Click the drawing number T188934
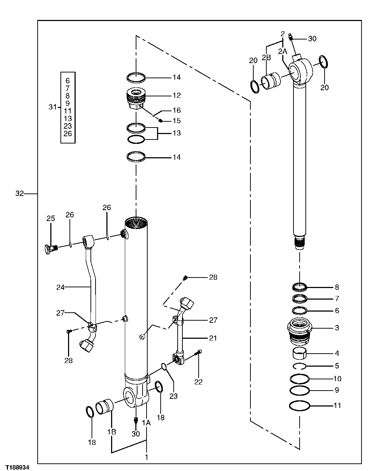coord(18,467)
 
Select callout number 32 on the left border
coord(20,193)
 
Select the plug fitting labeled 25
coord(51,248)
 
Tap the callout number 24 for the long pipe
coord(60,287)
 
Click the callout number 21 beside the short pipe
coord(213,338)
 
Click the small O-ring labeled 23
coord(164,367)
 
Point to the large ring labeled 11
coord(300,406)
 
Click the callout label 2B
coord(266,57)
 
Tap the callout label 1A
coord(146,422)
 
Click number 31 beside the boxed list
coord(53,107)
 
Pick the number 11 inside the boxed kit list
coord(68,111)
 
